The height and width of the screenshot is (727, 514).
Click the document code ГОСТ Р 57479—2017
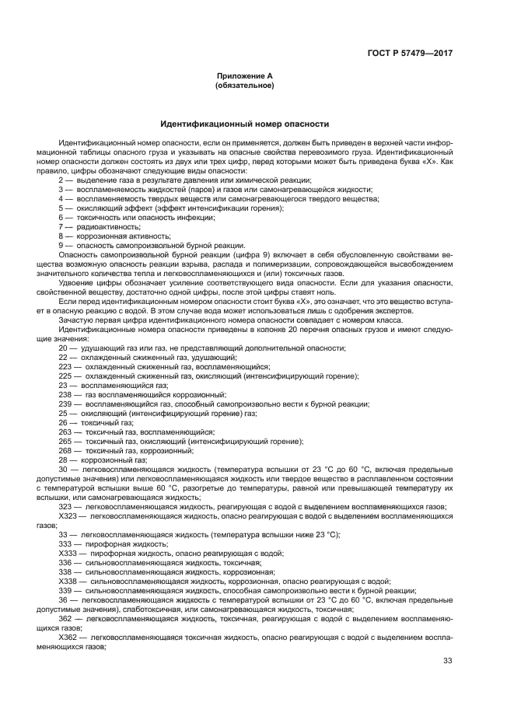click(x=410, y=53)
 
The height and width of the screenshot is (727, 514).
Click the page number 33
click(x=447, y=661)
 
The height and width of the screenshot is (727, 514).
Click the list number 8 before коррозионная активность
click(x=61, y=236)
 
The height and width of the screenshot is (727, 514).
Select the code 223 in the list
click(x=65, y=366)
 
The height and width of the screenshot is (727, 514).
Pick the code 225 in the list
click(x=65, y=376)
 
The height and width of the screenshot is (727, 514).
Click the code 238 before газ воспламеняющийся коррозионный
click(x=65, y=394)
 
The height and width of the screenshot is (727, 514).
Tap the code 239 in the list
click(x=65, y=404)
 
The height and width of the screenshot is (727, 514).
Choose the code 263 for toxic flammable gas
click(x=65, y=432)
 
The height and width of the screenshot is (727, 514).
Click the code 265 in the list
click(x=65, y=441)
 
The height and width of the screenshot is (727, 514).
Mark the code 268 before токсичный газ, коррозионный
click(x=65, y=450)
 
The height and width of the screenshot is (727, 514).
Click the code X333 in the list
click(x=68, y=553)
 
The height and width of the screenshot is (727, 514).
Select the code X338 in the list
click(x=68, y=581)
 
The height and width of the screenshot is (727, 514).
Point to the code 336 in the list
click(x=65, y=562)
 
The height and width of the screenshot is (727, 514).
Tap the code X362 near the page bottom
click(x=68, y=637)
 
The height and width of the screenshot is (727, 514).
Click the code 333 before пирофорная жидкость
click(x=65, y=544)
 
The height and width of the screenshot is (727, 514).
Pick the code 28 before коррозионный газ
click(x=63, y=460)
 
